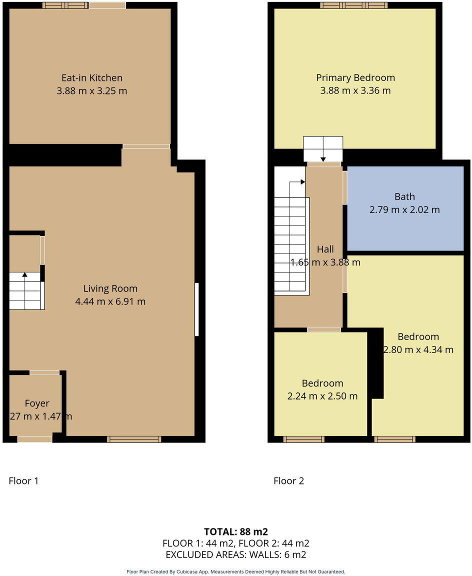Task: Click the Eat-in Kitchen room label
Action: (x=91, y=78)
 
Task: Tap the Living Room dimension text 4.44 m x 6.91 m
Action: (x=110, y=301)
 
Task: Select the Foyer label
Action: (x=37, y=403)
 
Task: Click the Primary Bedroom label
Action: (x=355, y=78)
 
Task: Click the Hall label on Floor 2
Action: (x=325, y=249)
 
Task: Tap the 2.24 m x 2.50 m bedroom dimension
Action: (x=322, y=396)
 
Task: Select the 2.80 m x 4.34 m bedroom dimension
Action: (x=418, y=349)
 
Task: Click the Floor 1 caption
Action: (x=23, y=481)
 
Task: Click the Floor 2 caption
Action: (x=288, y=481)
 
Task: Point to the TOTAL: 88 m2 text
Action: (x=235, y=531)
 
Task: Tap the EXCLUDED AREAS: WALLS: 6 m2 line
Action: (x=235, y=554)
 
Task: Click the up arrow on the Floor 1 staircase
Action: (x=24, y=274)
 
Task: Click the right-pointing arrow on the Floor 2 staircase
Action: (x=302, y=182)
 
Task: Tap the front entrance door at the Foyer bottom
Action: (x=34, y=439)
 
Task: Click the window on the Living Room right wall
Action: (x=196, y=309)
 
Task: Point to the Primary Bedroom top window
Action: (x=353, y=5)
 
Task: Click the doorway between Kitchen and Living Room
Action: (x=146, y=146)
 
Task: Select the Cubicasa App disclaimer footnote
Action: (x=235, y=571)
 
